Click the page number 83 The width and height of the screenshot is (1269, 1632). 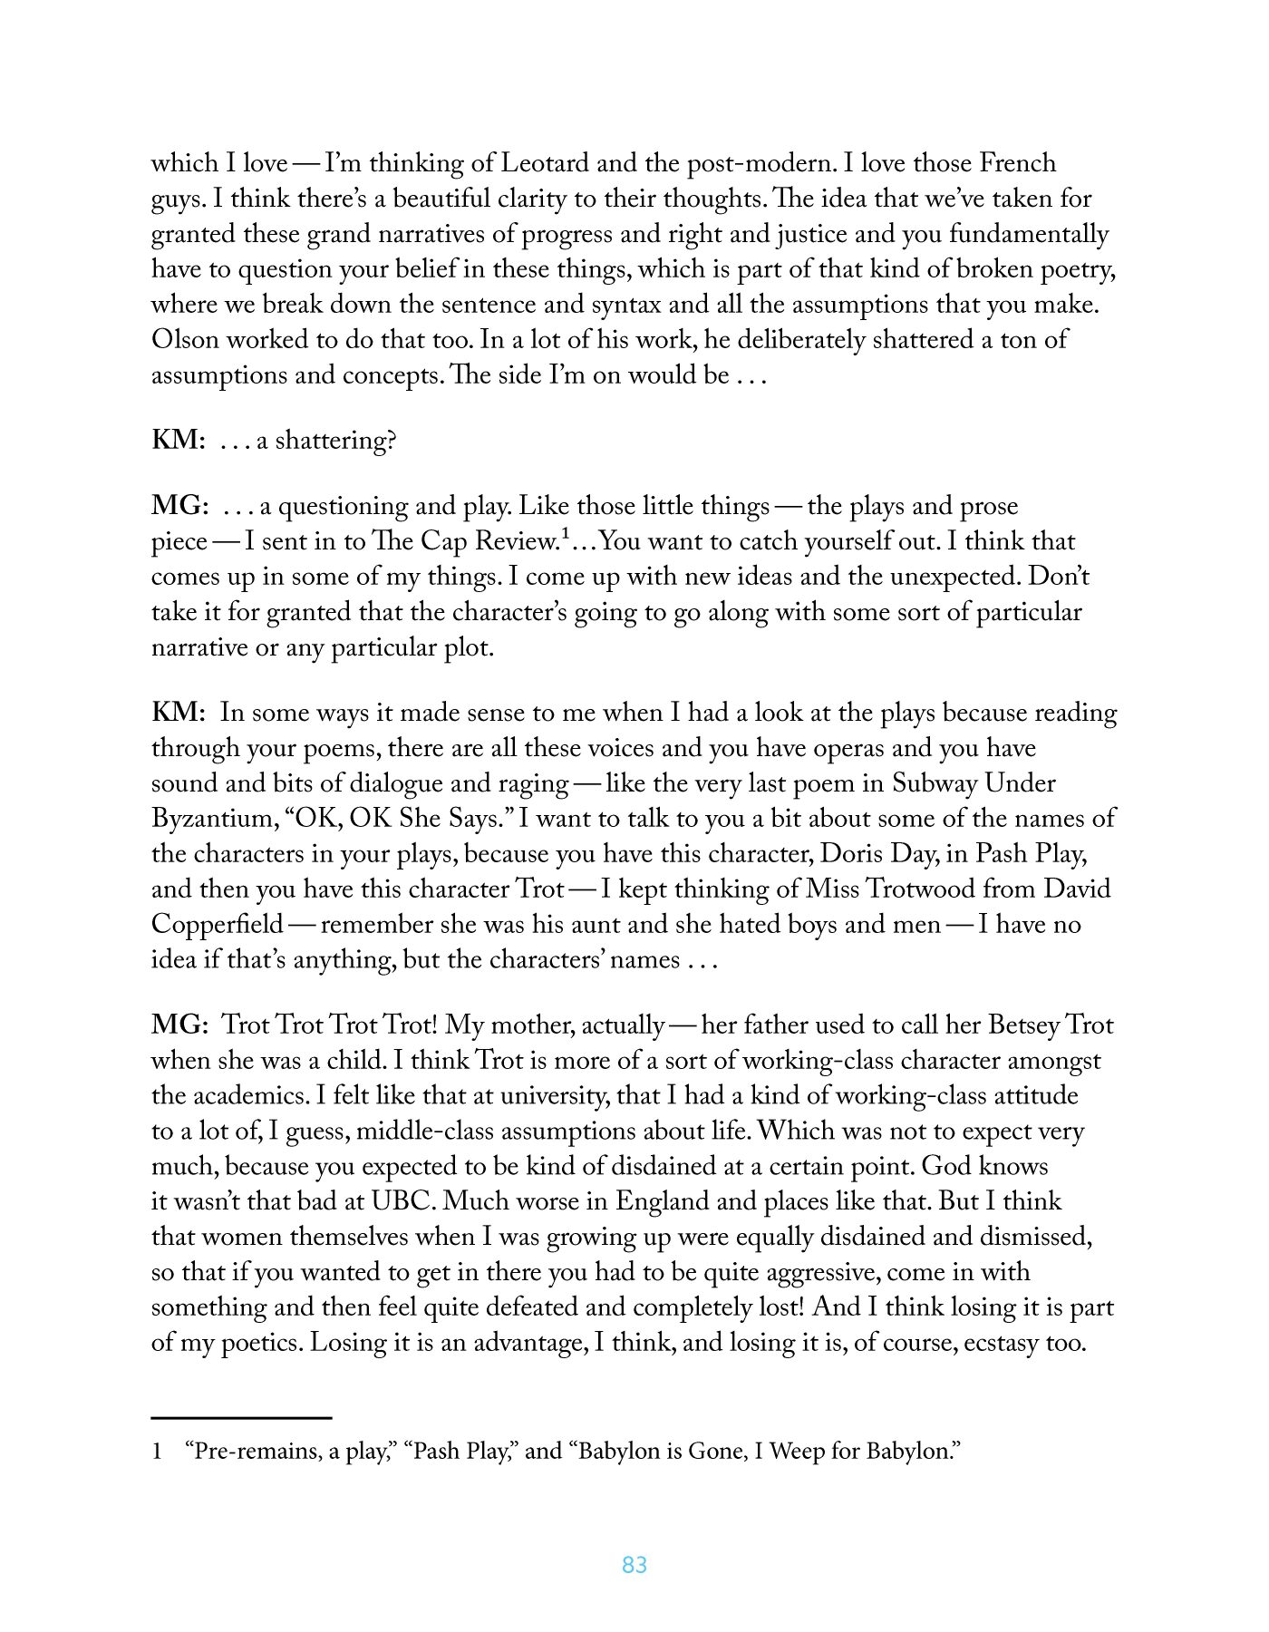click(x=634, y=1565)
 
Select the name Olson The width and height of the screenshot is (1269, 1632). click(x=184, y=340)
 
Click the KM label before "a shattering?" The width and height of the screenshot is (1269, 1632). click(x=178, y=441)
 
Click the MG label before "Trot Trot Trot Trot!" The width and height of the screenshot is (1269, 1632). click(x=179, y=1025)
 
